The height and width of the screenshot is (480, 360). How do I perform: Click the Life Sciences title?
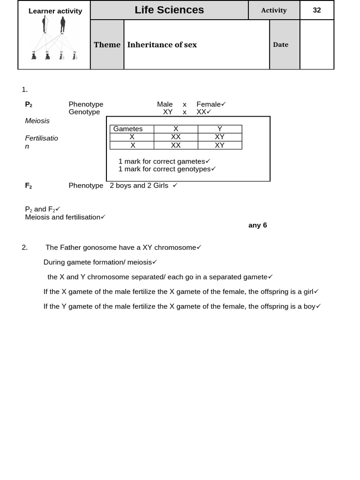(x=169, y=10)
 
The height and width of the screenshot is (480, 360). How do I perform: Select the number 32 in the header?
(x=317, y=10)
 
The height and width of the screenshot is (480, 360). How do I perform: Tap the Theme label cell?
(x=107, y=45)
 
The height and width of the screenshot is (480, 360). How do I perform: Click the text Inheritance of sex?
(x=162, y=45)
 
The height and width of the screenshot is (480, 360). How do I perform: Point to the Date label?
(x=280, y=45)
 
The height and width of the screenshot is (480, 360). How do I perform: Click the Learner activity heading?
(x=55, y=11)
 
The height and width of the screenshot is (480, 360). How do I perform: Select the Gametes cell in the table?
(x=128, y=129)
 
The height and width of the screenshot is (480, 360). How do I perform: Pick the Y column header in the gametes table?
(x=219, y=129)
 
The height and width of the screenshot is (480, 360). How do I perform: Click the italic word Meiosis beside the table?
(x=37, y=120)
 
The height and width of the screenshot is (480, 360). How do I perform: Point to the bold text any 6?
(x=257, y=225)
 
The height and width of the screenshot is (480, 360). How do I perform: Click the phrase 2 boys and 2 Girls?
(x=139, y=185)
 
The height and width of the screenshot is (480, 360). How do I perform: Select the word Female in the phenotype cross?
(x=208, y=104)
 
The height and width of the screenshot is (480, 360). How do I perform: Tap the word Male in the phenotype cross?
(x=165, y=104)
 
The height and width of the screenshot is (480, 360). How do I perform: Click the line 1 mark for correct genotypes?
(x=165, y=169)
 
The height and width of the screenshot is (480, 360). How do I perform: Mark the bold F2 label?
(x=29, y=186)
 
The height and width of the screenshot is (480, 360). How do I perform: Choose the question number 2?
(x=25, y=247)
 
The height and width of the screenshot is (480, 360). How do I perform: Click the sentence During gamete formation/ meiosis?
(x=97, y=262)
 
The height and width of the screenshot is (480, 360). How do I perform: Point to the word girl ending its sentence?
(x=308, y=292)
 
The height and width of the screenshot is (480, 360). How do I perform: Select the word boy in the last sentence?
(x=309, y=306)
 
